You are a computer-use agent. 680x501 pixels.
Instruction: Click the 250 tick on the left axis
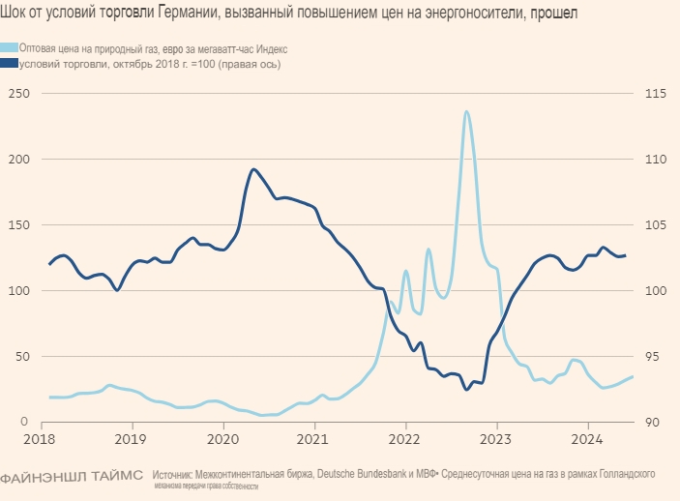[x=17, y=93]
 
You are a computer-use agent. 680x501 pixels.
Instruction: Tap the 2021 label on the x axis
[x=315, y=438]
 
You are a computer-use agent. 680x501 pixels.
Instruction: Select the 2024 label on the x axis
[x=588, y=438]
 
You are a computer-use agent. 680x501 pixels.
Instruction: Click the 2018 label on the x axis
[x=42, y=438]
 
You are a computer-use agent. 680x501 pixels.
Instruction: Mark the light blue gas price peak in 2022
[x=467, y=111]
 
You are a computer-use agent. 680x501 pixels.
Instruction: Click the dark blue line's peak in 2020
[x=253, y=169]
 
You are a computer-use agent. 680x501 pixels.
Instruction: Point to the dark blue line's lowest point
[x=467, y=390]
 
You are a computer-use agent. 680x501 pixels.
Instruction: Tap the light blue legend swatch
[x=9, y=47]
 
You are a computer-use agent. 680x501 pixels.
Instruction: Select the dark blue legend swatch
[x=9, y=64]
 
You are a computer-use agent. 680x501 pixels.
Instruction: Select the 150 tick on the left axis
[x=17, y=224]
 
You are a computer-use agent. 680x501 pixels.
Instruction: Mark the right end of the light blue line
[x=633, y=376]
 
